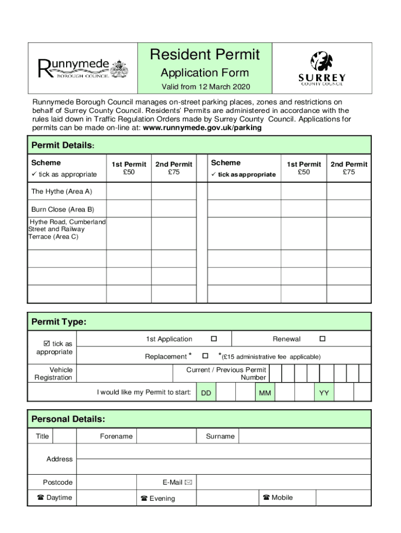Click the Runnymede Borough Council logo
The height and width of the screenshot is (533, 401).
click(82, 68)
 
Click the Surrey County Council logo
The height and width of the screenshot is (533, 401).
click(321, 68)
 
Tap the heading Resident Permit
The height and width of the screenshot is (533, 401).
click(205, 55)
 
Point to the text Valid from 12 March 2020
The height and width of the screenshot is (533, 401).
click(206, 86)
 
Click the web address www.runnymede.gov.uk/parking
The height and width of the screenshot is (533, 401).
click(202, 128)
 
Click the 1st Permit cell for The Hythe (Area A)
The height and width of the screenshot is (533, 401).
click(129, 192)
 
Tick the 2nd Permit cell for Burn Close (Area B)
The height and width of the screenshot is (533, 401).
click(174, 209)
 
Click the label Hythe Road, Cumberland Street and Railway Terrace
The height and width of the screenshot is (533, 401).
click(67, 229)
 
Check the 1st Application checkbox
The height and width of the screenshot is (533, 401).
click(214, 339)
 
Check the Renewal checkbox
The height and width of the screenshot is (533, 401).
click(322, 339)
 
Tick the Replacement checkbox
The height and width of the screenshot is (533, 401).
click(205, 356)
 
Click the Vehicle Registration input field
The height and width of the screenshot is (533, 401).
click(124, 374)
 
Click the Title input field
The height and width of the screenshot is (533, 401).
click(65, 436)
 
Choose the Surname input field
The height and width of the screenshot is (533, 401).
click(304, 436)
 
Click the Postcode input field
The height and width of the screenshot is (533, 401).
click(106, 483)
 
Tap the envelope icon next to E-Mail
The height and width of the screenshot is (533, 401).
click(188, 483)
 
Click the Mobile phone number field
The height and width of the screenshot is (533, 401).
click(343, 498)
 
